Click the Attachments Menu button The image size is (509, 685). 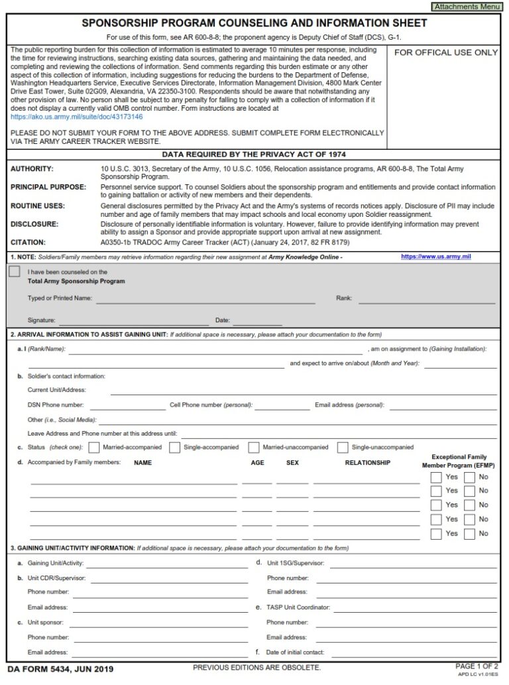point(466,6)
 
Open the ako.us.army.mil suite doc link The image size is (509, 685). point(76,117)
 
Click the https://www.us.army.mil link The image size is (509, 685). point(435,256)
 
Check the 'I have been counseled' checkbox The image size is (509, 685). point(15,272)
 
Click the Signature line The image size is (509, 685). point(133,320)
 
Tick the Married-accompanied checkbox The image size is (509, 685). point(94,448)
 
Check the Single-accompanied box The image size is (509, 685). point(174,448)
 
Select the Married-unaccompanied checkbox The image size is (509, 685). point(254,448)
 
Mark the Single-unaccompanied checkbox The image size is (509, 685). point(343,448)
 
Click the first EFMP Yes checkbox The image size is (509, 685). point(436,477)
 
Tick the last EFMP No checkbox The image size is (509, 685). point(469,534)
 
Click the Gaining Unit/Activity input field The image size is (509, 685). point(166,564)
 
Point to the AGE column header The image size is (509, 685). point(257,463)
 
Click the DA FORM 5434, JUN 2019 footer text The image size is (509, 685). point(60,669)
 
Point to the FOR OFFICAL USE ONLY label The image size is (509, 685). point(446,52)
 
